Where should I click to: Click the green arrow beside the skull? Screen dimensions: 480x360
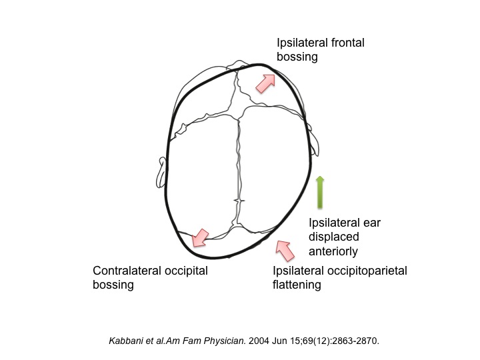[x=320, y=192]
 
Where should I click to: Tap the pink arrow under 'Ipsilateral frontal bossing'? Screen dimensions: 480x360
[x=265, y=83]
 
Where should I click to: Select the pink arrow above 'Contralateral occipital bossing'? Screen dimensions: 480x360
[x=200, y=237]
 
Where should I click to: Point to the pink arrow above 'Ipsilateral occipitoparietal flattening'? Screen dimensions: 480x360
[x=285, y=251]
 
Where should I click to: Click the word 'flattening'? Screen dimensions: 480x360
[x=297, y=285]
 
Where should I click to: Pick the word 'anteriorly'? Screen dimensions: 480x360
[x=333, y=251]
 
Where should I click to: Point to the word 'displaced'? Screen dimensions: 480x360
[x=334, y=237]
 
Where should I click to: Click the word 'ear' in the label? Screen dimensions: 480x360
[x=372, y=223]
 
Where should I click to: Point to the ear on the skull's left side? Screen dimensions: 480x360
[x=161, y=173]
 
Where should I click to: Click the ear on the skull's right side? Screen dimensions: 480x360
[x=313, y=139]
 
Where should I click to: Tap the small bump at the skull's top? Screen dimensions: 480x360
[x=239, y=65]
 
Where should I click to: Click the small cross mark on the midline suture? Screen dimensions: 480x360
[x=239, y=201]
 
